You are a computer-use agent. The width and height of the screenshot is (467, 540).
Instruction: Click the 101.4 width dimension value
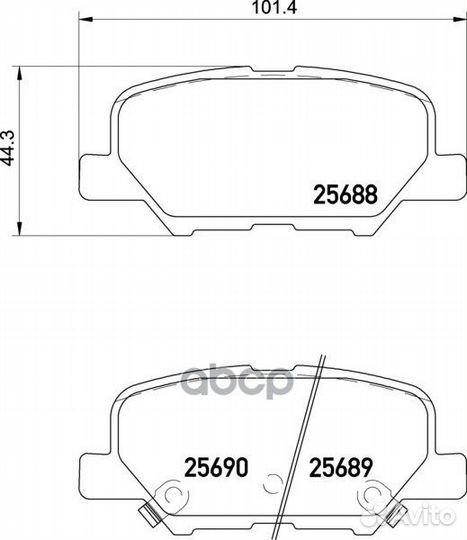[274, 8]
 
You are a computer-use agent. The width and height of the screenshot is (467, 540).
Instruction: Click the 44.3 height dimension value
[8, 148]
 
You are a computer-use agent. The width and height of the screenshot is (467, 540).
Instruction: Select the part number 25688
[345, 195]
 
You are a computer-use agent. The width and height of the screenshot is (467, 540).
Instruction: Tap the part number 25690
[216, 467]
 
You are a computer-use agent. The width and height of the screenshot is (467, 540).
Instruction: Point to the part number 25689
[341, 467]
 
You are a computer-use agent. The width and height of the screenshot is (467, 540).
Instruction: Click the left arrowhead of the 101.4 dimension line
[86, 20]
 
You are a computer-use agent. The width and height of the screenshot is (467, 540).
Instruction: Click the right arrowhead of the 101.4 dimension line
[460, 20]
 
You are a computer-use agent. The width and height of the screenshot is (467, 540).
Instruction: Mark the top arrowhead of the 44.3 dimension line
[20, 73]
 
